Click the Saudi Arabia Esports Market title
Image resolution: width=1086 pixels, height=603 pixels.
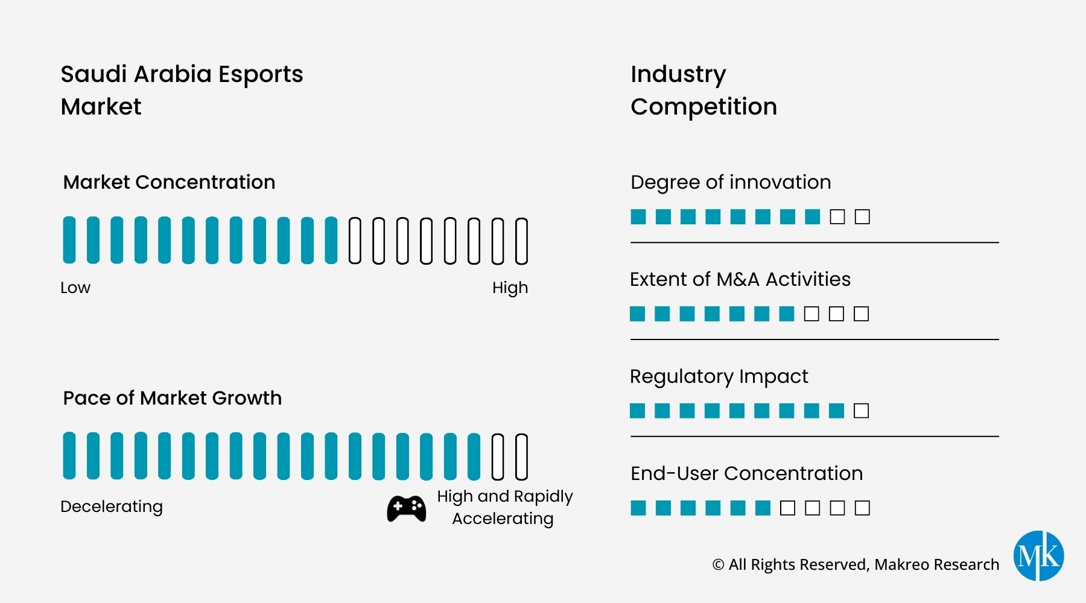click(182, 90)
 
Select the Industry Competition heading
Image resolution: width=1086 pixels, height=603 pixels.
click(703, 90)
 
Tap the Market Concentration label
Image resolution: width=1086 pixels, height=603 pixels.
click(169, 182)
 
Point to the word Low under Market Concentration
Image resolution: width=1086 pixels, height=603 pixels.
click(75, 288)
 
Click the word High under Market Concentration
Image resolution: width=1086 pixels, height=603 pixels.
click(510, 288)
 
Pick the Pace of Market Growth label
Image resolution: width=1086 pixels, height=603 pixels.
click(172, 398)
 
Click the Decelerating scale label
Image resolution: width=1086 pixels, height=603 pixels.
click(112, 507)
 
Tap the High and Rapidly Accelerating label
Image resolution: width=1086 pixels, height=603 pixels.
click(504, 507)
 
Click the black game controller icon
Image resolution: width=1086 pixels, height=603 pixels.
click(406, 508)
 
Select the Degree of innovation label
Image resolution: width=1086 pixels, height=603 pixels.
click(731, 182)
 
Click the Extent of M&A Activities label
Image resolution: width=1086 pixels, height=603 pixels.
click(740, 279)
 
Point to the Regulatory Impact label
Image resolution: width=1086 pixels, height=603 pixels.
click(719, 376)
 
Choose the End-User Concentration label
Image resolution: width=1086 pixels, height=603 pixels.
click(746, 473)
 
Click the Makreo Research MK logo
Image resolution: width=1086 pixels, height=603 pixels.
click(1038, 555)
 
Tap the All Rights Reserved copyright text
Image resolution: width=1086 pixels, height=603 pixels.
click(856, 564)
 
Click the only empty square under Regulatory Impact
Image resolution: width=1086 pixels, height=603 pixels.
click(862, 411)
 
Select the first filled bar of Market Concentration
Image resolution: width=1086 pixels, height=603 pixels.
click(69, 240)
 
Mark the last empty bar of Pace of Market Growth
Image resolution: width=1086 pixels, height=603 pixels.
click(521, 456)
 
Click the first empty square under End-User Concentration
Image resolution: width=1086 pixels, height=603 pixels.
click(787, 508)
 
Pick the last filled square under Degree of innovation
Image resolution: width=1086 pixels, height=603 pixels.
click(812, 217)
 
